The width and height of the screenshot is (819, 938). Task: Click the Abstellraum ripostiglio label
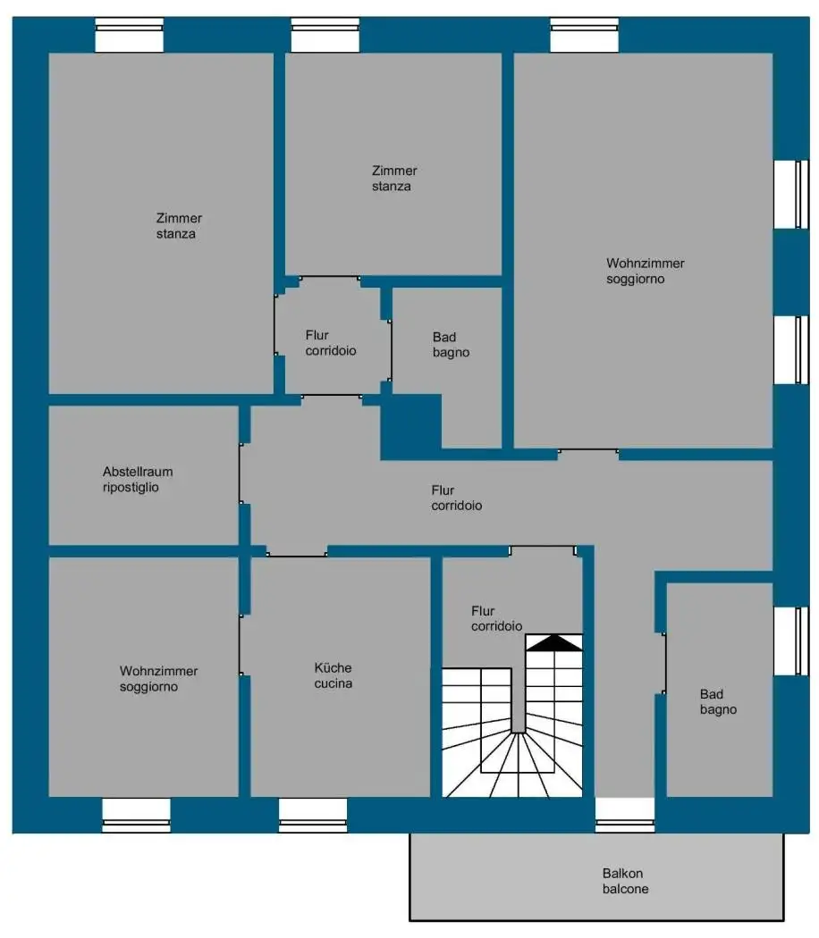pyautogui.click(x=138, y=480)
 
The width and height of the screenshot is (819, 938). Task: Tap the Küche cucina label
pyautogui.click(x=333, y=675)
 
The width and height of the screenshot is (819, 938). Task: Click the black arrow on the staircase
pyautogui.click(x=553, y=642)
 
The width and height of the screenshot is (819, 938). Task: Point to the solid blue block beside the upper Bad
pyautogui.click(x=411, y=427)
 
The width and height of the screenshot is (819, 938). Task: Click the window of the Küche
pyautogui.click(x=313, y=814)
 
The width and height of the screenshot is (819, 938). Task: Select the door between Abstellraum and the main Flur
pyautogui.click(x=240, y=473)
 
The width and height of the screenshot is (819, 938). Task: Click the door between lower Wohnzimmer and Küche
pyautogui.click(x=240, y=645)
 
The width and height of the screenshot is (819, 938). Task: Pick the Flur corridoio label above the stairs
pyautogui.click(x=497, y=618)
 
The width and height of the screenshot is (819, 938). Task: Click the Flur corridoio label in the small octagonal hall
pyautogui.click(x=331, y=343)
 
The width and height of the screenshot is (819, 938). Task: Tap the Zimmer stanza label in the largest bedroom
pyautogui.click(x=179, y=226)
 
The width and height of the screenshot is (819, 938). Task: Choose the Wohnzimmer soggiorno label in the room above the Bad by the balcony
pyautogui.click(x=646, y=271)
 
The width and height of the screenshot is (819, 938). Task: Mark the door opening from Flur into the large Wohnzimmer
pyautogui.click(x=588, y=452)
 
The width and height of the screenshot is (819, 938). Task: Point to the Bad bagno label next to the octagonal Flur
pyautogui.click(x=451, y=345)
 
